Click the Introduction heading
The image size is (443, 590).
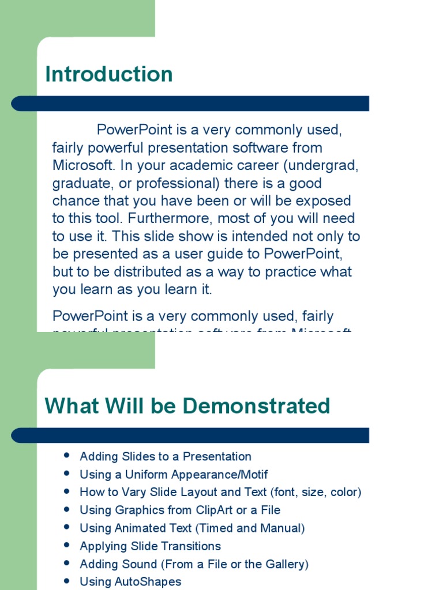[x=109, y=74]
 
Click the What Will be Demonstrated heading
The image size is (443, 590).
[x=187, y=406]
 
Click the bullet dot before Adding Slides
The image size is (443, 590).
[x=67, y=456]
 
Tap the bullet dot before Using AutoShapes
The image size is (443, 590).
[x=67, y=581]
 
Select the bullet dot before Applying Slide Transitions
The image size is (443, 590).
[x=67, y=545]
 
